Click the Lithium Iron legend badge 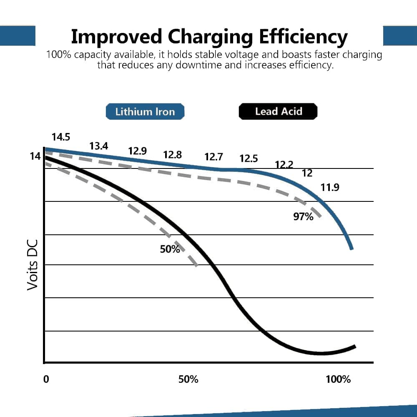[145, 112]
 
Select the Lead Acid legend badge [278, 112]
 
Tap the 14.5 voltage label [61, 137]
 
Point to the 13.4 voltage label [99, 146]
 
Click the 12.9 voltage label [137, 151]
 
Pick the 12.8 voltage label [172, 155]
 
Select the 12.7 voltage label [214, 157]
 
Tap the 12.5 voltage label [249, 159]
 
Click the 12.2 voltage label [284, 165]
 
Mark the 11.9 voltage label [330, 188]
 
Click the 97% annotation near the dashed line [303, 216]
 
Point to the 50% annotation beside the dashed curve [170, 249]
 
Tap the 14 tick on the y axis [35, 156]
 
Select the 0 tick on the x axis [46, 379]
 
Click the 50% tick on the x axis [188, 379]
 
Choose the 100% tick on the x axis [338, 379]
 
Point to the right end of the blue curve [352, 248]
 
